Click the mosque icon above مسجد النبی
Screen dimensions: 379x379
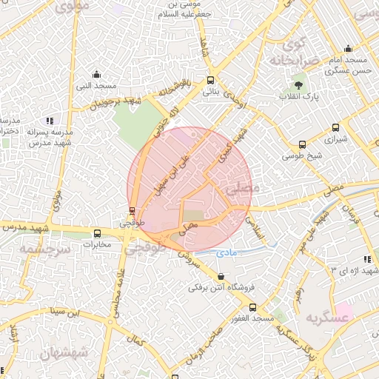[x=96, y=73]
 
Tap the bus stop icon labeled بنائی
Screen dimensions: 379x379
[x=211, y=81]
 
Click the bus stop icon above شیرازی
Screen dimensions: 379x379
[x=337, y=127]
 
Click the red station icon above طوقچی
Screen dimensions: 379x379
[x=133, y=210]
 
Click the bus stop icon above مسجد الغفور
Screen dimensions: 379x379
[x=253, y=306]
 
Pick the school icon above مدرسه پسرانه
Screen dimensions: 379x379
[x=50, y=120]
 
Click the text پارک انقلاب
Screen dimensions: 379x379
[x=298, y=97]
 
